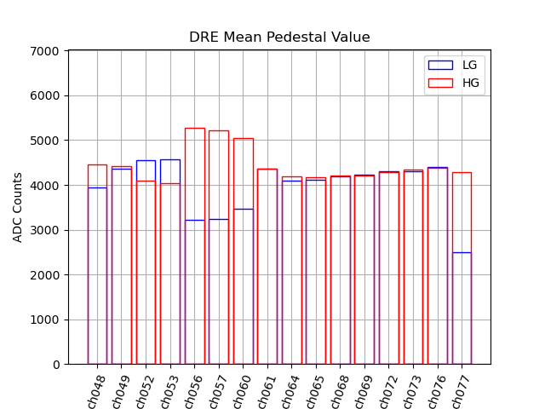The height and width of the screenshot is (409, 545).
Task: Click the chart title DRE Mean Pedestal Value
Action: click(279, 37)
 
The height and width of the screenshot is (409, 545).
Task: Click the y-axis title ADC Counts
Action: click(18, 207)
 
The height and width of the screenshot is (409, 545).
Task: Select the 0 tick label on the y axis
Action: click(55, 365)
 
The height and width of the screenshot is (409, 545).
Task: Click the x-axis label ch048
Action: click(95, 391)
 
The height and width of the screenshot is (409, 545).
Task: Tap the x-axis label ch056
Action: click(193, 391)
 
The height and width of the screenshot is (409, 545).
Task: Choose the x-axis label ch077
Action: click(461, 391)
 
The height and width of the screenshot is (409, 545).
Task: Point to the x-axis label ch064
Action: click(290, 391)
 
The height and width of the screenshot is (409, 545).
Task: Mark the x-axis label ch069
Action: click(364, 391)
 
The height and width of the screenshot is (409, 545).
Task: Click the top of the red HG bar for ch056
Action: click(195, 128)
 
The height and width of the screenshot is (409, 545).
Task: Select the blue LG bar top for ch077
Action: click(462, 252)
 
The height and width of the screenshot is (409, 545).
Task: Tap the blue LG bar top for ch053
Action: click(170, 159)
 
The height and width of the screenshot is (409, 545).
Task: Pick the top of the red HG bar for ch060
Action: click(244, 138)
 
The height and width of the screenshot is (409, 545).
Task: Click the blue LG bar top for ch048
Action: click(97, 187)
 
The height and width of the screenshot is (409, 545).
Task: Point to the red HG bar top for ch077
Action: click(462, 172)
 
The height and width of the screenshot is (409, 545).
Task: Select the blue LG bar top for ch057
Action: click(219, 219)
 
